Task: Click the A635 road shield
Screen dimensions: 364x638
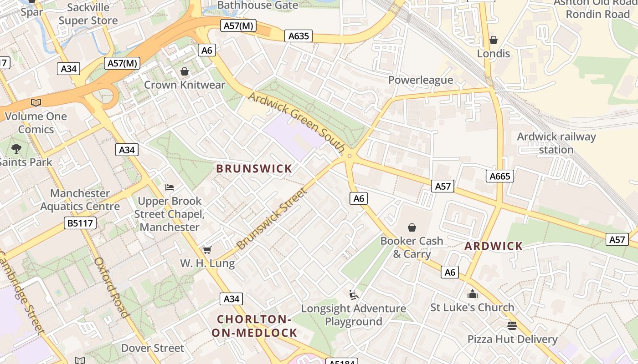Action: pyautogui.click(x=298, y=36)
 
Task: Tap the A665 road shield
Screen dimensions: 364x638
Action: pyautogui.click(x=499, y=176)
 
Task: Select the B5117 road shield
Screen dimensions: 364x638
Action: pyautogui.click(x=80, y=223)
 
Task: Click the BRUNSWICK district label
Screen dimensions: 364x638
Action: pyautogui.click(x=254, y=168)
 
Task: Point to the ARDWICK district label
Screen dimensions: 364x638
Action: pyautogui.click(x=494, y=246)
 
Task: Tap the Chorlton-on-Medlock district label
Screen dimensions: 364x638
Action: pyautogui.click(x=254, y=326)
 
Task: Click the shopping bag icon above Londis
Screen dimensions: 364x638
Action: pyautogui.click(x=493, y=40)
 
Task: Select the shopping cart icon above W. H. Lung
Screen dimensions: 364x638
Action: pyautogui.click(x=207, y=250)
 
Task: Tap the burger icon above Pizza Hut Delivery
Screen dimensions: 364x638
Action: pyautogui.click(x=512, y=326)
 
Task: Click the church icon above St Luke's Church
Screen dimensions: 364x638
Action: pyautogui.click(x=472, y=294)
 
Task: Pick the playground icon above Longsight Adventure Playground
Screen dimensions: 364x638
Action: pyautogui.click(x=354, y=295)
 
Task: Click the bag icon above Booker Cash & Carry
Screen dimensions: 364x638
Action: pyautogui.click(x=412, y=227)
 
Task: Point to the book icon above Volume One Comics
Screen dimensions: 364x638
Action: pyautogui.click(x=36, y=103)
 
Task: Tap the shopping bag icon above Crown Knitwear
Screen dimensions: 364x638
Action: pyautogui.click(x=185, y=71)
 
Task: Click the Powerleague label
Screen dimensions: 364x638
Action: pyautogui.click(x=421, y=80)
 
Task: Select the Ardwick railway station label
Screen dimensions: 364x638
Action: pyautogui.click(x=556, y=143)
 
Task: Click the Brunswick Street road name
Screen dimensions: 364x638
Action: pyautogui.click(x=272, y=219)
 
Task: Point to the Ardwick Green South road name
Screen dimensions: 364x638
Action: pyautogui.click(x=297, y=122)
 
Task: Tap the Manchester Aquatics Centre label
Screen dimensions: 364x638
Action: pyautogui.click(x=80, y=200)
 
